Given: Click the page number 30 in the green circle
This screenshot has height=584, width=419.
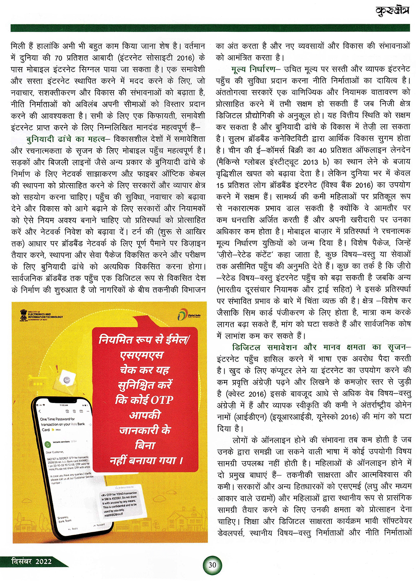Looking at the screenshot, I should click(212, 565).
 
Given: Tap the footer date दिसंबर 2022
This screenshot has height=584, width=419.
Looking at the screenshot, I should click(31, 561).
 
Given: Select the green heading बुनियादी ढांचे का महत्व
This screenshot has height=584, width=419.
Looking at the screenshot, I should click(65, 139).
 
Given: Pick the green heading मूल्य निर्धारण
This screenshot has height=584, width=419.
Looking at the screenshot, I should click(253, 69).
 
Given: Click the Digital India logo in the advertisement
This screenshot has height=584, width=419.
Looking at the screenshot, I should click(189, 315).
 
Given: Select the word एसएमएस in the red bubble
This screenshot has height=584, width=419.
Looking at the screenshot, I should click(142, 355).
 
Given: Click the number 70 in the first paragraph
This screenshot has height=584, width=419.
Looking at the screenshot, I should click(59, 57).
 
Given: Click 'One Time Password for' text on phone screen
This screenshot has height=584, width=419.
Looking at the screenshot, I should click(57, 419).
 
